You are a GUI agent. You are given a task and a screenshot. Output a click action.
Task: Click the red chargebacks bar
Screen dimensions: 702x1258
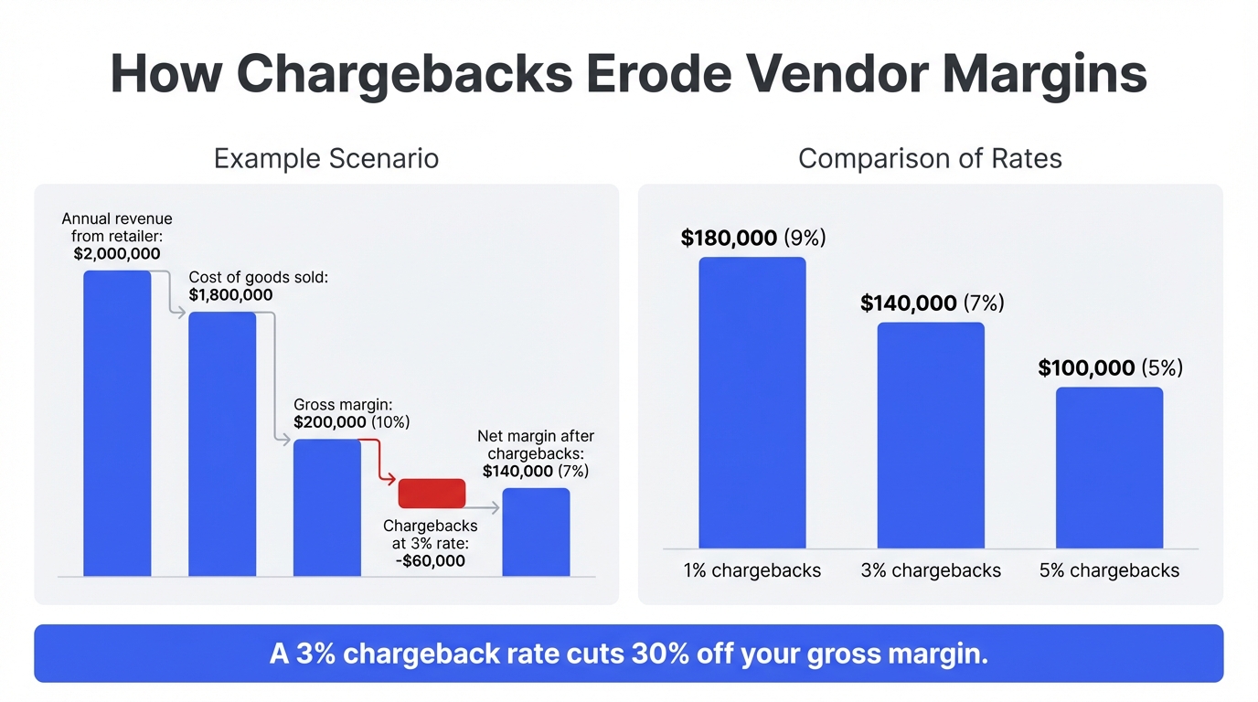click(x=432, y=493)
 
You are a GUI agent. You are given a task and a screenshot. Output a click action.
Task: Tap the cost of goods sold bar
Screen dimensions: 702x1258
click(x=222, y=444)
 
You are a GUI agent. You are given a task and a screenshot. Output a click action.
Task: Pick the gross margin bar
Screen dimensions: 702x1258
click(x=326, y=507)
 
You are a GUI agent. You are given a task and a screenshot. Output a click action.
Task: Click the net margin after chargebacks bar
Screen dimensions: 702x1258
click(x=536, y=532)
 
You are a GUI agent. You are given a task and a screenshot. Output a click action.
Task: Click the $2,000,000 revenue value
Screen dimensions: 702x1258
click(x=117, y=254)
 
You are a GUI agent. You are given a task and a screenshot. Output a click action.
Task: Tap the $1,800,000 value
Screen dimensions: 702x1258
click(x=230, y=295)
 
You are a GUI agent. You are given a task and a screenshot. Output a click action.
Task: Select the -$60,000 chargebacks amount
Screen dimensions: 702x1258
click(x=430, y=560)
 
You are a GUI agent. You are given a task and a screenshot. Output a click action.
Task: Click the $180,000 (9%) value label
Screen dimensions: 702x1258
click(x=753, y=239)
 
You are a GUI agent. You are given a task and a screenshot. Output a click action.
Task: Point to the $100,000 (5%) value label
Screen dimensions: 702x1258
click(x=1110, y=368)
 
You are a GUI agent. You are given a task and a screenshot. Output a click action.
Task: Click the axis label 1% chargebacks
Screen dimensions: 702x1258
click(x=752, y=571)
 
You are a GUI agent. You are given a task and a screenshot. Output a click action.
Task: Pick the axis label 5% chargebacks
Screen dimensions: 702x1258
click(x=1109, y=571)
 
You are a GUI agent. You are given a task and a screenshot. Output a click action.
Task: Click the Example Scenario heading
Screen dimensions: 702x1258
click(x=326, y=158)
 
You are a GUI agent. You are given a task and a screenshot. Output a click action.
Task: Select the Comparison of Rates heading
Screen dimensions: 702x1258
click(x=930, y=158)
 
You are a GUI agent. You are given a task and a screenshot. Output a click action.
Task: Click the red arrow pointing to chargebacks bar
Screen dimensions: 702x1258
click(x=379, y=462)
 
